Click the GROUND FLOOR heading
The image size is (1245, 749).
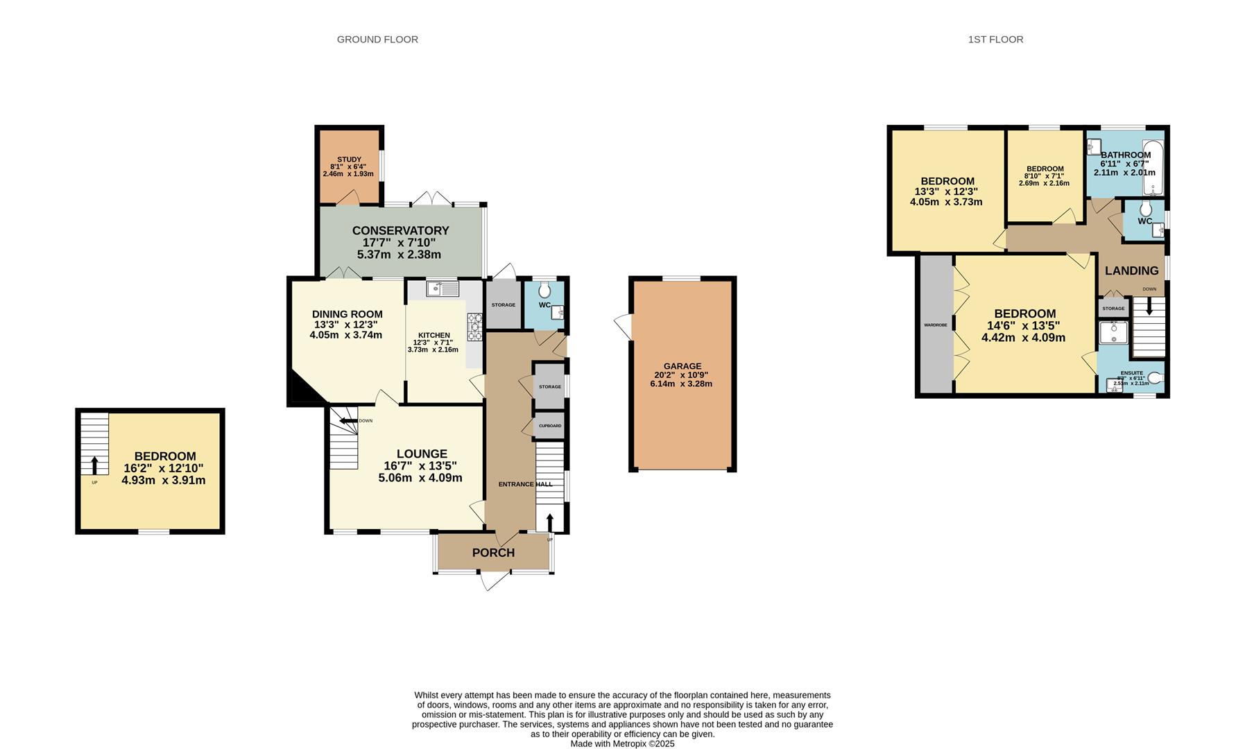377,40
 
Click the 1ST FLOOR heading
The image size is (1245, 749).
995,40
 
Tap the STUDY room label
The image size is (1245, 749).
349,160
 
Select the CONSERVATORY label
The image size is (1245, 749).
400,231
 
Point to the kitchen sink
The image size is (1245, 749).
443,289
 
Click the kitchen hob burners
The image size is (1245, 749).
476,327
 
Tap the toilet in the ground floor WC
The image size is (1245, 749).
544,290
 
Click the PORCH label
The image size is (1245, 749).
493,553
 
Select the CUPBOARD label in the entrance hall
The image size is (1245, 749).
550,426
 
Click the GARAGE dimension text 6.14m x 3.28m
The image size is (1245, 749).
681,384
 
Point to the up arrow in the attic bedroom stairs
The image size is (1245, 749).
95,465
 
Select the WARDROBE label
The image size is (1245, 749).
935,325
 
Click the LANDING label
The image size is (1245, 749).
1131,270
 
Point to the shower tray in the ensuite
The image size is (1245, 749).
1113,333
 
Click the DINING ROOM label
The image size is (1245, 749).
347,314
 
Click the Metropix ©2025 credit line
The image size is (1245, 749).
622,743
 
